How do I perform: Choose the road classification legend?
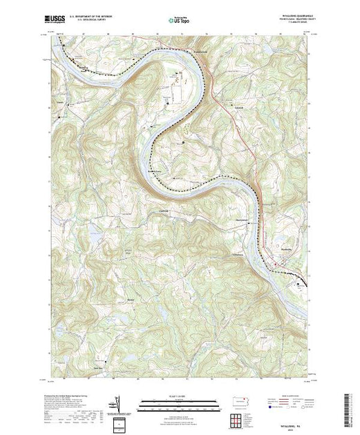[x=293, y=404]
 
